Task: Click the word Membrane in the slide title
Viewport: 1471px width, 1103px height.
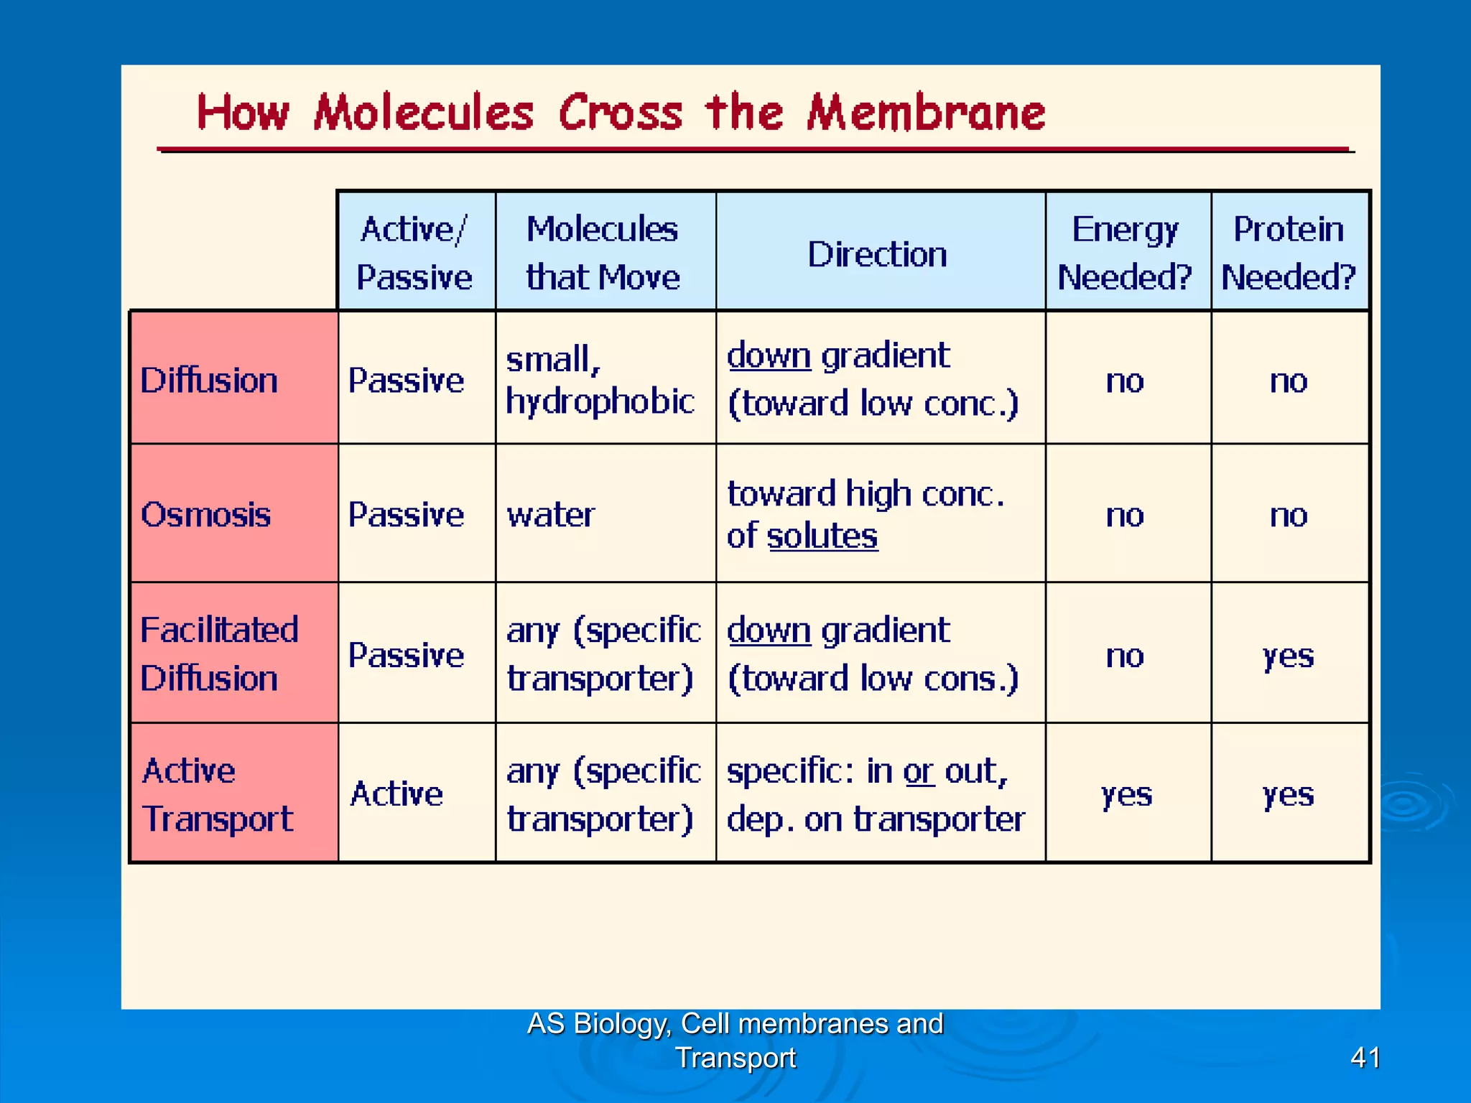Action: pos(925,113)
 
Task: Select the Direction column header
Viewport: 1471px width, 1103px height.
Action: pos(877,253)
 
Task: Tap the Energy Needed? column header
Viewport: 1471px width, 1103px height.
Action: pos(1124,253)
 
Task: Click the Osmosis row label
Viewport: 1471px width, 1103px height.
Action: pos(206,514)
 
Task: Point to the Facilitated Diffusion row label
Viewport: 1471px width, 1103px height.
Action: pos(219,653)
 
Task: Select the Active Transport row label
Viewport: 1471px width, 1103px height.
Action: pos(218,794)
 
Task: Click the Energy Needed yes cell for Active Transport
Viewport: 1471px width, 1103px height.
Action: pos(1126,794)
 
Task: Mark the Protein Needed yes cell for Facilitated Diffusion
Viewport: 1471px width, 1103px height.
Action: pos(1288,655)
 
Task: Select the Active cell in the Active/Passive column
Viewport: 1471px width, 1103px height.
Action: pos(396,794)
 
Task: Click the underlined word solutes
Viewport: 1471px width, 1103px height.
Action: pos(822,536)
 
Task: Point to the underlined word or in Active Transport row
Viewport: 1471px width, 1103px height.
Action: pos(919,772)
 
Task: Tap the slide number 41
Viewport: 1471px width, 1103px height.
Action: pos(1365,1057)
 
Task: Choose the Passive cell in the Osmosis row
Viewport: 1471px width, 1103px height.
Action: pos(406,515)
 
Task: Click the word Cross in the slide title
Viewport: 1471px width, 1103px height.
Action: pos(621,113)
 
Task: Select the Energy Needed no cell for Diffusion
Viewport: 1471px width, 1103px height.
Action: pos(1124,381)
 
